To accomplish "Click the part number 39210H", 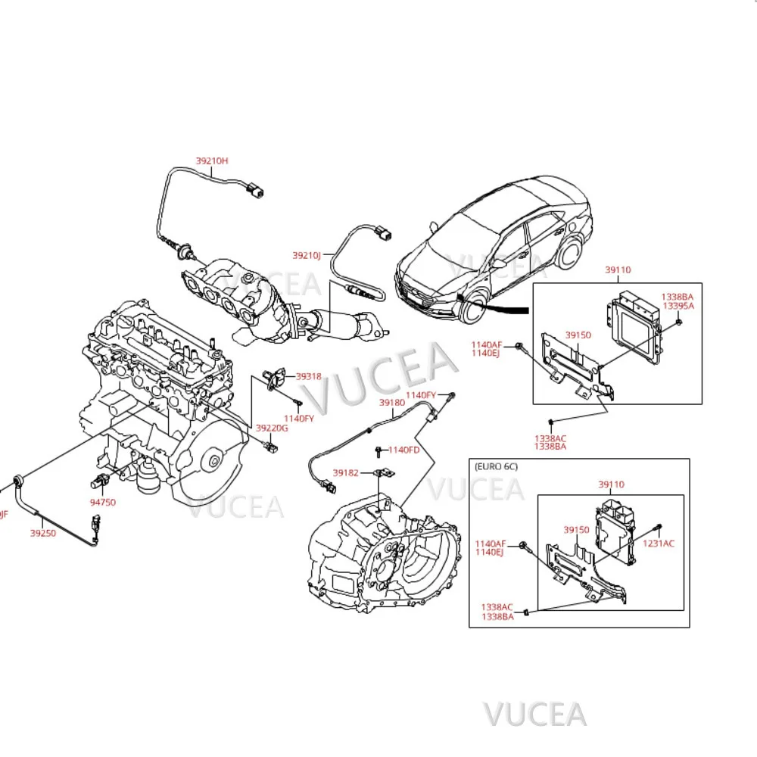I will tap(211, 160).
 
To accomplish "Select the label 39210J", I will tap(307, 255).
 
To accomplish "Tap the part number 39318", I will tap(308, 375).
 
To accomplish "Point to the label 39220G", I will tap(272, 428).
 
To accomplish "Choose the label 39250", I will tap(42, 533).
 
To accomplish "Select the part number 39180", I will tap(391, 403).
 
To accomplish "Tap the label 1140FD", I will tap(403, 450).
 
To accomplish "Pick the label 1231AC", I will tap(658, 543).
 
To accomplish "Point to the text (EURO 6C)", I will tap(496, 466).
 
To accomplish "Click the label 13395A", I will tap(678, 306).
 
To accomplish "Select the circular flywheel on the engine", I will tap(214, 459).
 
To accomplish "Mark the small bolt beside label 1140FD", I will tap(378, 452).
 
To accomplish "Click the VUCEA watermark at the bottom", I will tap(535, 713).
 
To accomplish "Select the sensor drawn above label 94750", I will tap(98, 481).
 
